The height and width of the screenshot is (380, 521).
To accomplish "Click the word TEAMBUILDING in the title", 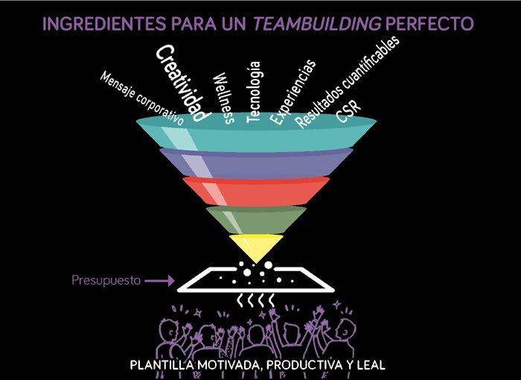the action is point(317,24).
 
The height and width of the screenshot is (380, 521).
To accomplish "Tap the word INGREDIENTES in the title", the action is point(104,24).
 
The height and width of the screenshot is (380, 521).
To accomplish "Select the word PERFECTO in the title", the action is point(429,24).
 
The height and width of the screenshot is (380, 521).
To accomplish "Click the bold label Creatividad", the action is point(183,83).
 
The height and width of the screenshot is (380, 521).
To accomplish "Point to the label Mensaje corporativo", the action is point(142,98).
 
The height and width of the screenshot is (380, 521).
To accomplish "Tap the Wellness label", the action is point(223,98).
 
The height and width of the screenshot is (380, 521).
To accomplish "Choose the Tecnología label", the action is point(254,92).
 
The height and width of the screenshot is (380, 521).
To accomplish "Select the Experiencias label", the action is point(293,92).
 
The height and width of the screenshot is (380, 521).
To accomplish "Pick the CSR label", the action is point(348,112).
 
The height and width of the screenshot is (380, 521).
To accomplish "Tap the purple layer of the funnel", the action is point(256,164).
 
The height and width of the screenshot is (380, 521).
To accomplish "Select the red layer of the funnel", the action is point(256,191).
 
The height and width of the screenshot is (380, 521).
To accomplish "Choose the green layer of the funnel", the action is point(256,220).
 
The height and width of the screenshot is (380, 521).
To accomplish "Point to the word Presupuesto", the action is point(106,280).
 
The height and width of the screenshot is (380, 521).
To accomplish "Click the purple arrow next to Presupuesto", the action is point(159,281).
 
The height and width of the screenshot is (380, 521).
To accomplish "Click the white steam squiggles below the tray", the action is point(255,300).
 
